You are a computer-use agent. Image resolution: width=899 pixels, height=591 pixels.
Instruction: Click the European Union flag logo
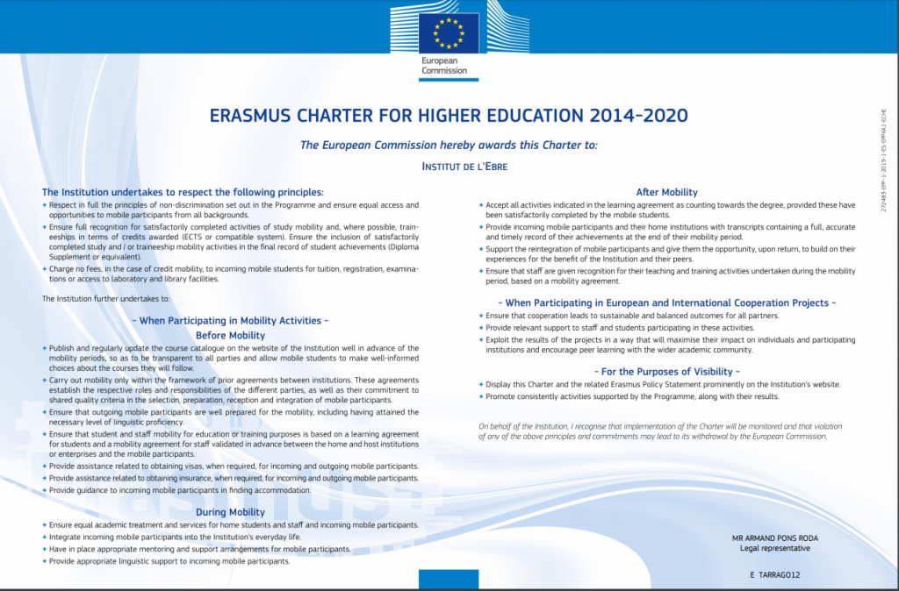click(448, 33)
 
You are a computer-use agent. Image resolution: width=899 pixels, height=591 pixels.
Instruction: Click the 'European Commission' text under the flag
click(444, 66)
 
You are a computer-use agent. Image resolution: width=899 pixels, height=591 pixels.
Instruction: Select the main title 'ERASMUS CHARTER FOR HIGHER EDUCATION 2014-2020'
click(449, 116)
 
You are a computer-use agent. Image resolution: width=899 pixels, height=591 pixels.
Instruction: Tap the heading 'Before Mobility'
click(230, 335)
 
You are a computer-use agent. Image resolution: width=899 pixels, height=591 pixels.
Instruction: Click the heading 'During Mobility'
click(230, 512)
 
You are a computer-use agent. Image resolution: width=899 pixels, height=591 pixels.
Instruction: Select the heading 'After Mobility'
click(666, 192)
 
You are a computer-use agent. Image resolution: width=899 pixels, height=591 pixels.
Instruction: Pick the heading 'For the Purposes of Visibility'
click(666, 371)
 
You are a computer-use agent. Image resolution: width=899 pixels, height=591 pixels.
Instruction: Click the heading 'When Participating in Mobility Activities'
click(230, 321)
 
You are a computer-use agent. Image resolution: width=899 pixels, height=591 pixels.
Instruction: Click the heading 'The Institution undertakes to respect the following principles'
click(183, 192)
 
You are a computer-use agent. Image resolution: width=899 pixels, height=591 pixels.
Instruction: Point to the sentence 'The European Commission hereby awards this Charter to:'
click(449, 146)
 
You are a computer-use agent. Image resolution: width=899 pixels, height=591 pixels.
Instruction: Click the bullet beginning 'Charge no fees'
click(233, 274)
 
